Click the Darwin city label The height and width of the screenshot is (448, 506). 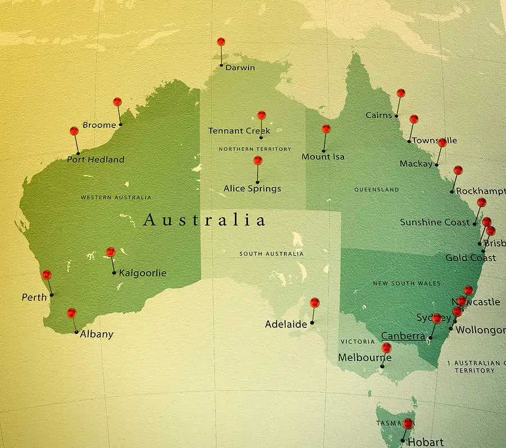coord(240,67)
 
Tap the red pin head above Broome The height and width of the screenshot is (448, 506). coord(117,102)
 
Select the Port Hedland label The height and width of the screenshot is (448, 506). coord(96,159)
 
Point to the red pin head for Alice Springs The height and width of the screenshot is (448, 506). coord(257,160)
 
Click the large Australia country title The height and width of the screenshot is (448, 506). coord(204,220)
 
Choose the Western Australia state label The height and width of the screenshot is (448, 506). coord(116,198)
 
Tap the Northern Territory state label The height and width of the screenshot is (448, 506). coord(255,149)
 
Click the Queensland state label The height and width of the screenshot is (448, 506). coord(377,190)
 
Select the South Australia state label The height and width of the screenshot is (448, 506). coord(272,254)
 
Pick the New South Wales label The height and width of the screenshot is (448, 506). coord(407,284)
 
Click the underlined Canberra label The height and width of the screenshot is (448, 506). coord(403,336)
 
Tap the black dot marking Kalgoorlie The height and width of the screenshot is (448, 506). coord(114,273)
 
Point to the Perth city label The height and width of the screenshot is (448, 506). coord(34,297)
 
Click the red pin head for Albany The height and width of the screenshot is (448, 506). coord(71,313)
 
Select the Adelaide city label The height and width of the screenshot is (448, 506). coord(286,324)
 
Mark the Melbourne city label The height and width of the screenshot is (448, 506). coord(364,358)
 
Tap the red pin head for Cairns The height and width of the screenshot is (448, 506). coord(400,93)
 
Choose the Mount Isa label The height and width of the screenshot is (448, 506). coord(323,157)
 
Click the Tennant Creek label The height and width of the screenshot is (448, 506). coord(239,131)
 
